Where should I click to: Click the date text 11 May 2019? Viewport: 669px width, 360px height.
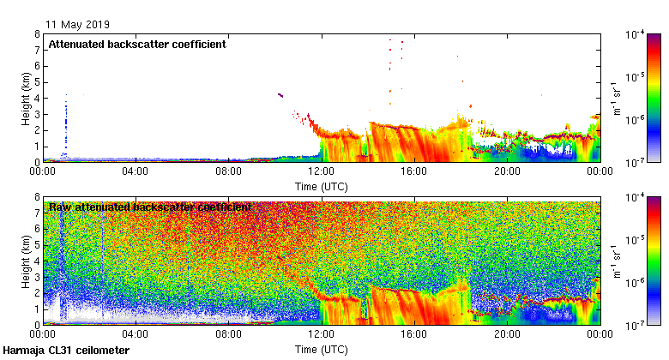pyautogui.click(x=78, y=24)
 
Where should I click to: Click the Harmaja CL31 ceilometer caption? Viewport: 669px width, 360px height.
pyautogui.click(x=66, y=351)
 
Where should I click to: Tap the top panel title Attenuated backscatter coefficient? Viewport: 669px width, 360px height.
pyautogui.click(x=137, y=45)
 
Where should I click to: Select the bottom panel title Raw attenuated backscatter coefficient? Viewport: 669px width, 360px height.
pyautogui.click(x=150, y=207)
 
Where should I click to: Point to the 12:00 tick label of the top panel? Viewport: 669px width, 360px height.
pyautogui.click(x=321, y=171)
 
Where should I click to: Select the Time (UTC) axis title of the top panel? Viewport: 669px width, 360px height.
pyautogui.click(x=321, y=185)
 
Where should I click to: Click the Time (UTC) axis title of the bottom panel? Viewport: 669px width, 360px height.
pyautogui.click(x=321, y=349)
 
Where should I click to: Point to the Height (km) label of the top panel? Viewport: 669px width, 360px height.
pyautogui.click(x=27, y=98)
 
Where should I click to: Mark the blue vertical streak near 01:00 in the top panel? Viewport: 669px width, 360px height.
pyautogui.click(x=66, y=124)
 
